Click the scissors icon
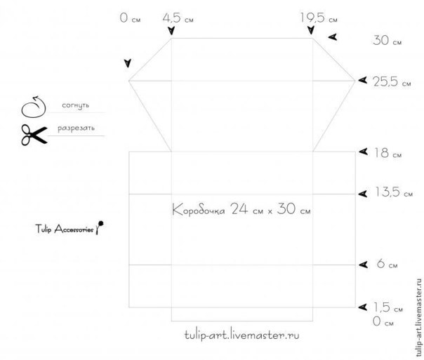point(34,135)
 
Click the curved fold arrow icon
point(34,107)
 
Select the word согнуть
point(75,105)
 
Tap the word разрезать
point(76,128)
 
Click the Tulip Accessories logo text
point(65,229)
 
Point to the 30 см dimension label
point(387,41)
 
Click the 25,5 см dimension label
point(392,81)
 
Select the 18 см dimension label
point(388,153)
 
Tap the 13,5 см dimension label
point(394,192)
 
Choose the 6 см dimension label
point(387,263)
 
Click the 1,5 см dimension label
point(388,307)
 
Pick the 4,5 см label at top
point(178,18)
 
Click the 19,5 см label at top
point(319,18)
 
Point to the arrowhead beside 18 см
point(364,152)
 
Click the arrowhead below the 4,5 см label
point(171,31)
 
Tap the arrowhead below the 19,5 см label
point(311,30)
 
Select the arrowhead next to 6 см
point(364,265)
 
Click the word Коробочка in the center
point(199,210)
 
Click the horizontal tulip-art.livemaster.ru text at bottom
point(242,335)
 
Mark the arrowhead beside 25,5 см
point(363,80)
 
